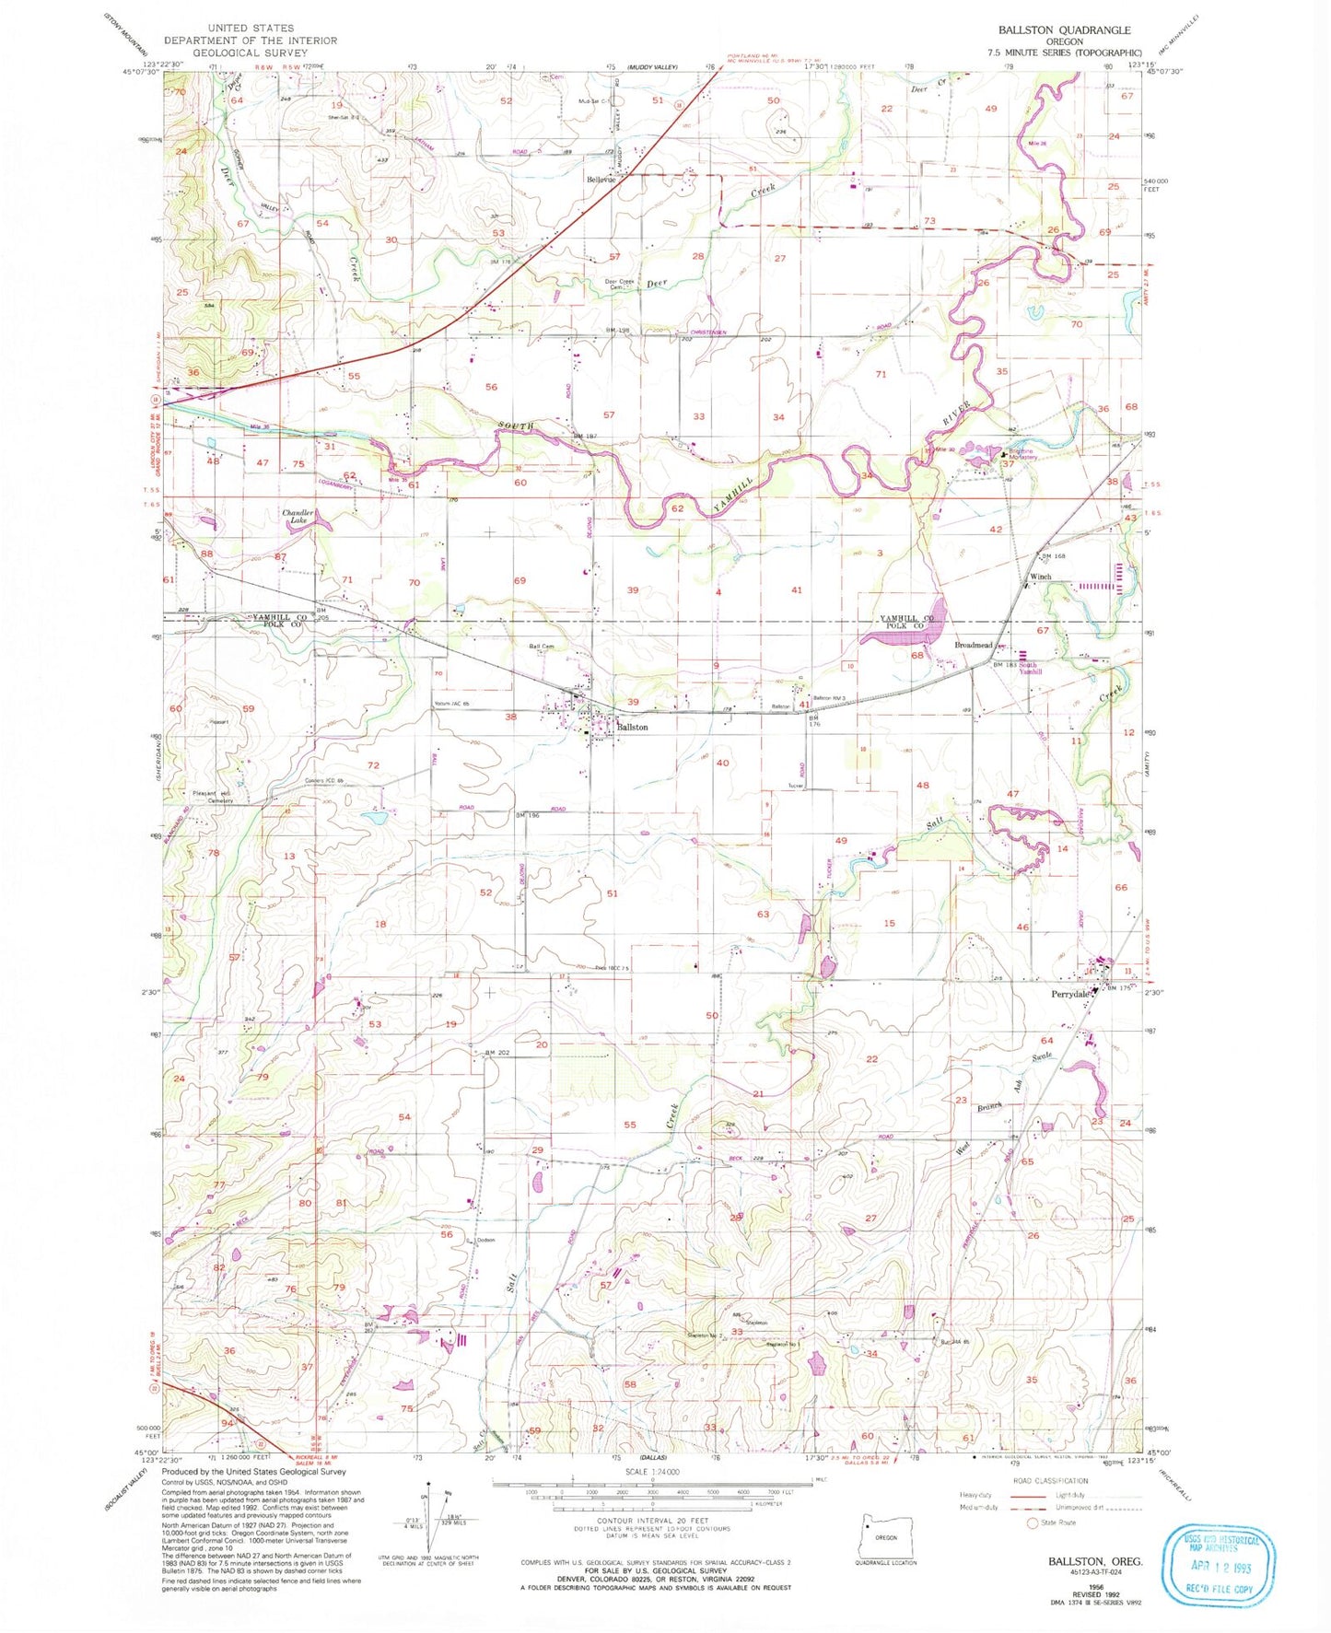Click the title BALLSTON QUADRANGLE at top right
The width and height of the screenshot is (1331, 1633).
1064,29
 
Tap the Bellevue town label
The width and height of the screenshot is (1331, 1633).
601,180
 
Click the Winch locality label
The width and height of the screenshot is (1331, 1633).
1040,577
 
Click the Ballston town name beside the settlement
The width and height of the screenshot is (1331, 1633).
632,728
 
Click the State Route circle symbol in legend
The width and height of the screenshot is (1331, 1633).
1033,1522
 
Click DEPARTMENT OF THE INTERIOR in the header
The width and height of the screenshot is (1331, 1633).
251,41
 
